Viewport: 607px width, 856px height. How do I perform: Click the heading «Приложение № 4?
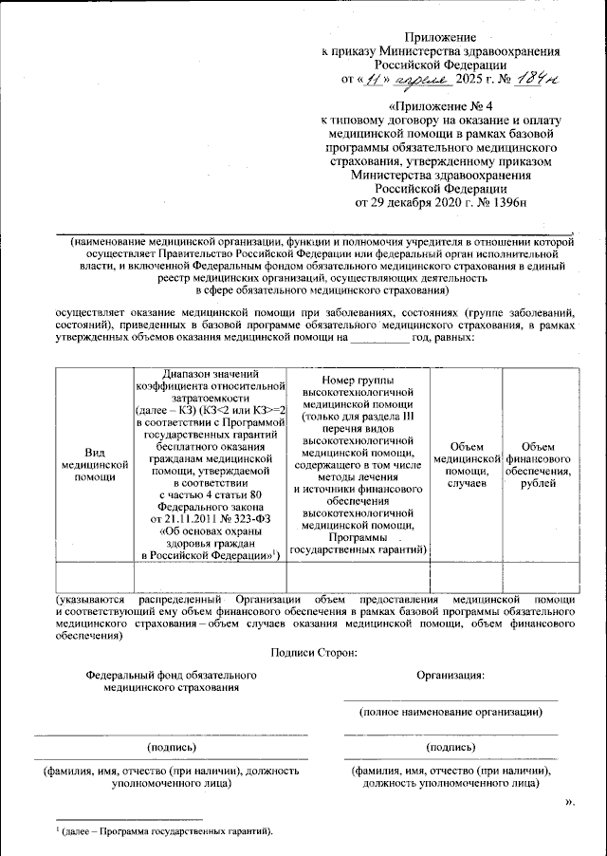click(x=440, y=105)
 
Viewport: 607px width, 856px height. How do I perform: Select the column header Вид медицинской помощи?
click(x=94, y=465)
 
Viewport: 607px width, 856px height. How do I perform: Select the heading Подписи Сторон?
click(x=313, y=651)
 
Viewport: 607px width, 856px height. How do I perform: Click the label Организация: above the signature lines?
click(x=451, y=675)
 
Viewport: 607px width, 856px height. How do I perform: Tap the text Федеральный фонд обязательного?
click(x=172, y=675)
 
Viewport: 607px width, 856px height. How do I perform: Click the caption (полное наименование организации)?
click(x=451, y=711)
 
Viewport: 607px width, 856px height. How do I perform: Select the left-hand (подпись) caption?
click(x=172, y=747)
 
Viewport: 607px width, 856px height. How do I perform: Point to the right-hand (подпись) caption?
click(x=451, y=747)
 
